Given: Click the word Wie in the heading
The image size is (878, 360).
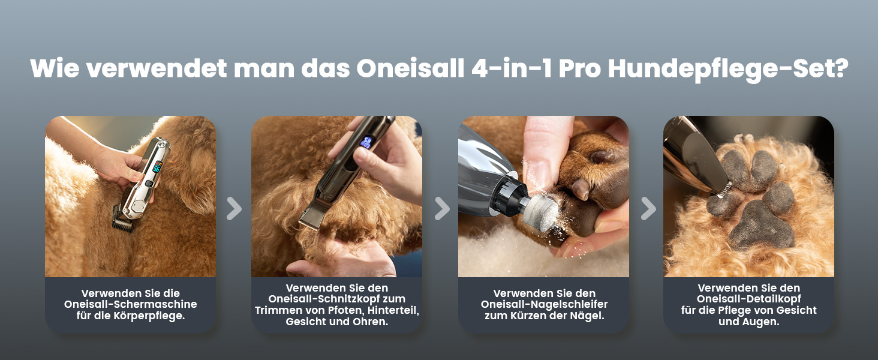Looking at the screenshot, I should (54, 68).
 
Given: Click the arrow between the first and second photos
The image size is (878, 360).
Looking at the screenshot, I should (234, 208).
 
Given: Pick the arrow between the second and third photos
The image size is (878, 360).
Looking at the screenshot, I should (441, 208).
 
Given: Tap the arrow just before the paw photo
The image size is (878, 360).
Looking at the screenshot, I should (648, 208).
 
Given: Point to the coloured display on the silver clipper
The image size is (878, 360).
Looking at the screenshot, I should (157, 166).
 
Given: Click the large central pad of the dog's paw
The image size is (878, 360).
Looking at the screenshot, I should (762, 226).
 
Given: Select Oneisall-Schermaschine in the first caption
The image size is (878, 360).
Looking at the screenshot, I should (131, 304).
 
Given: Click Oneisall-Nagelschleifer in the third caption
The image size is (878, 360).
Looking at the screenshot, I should (544, 304).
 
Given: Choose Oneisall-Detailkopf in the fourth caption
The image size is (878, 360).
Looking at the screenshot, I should (748, 299).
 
